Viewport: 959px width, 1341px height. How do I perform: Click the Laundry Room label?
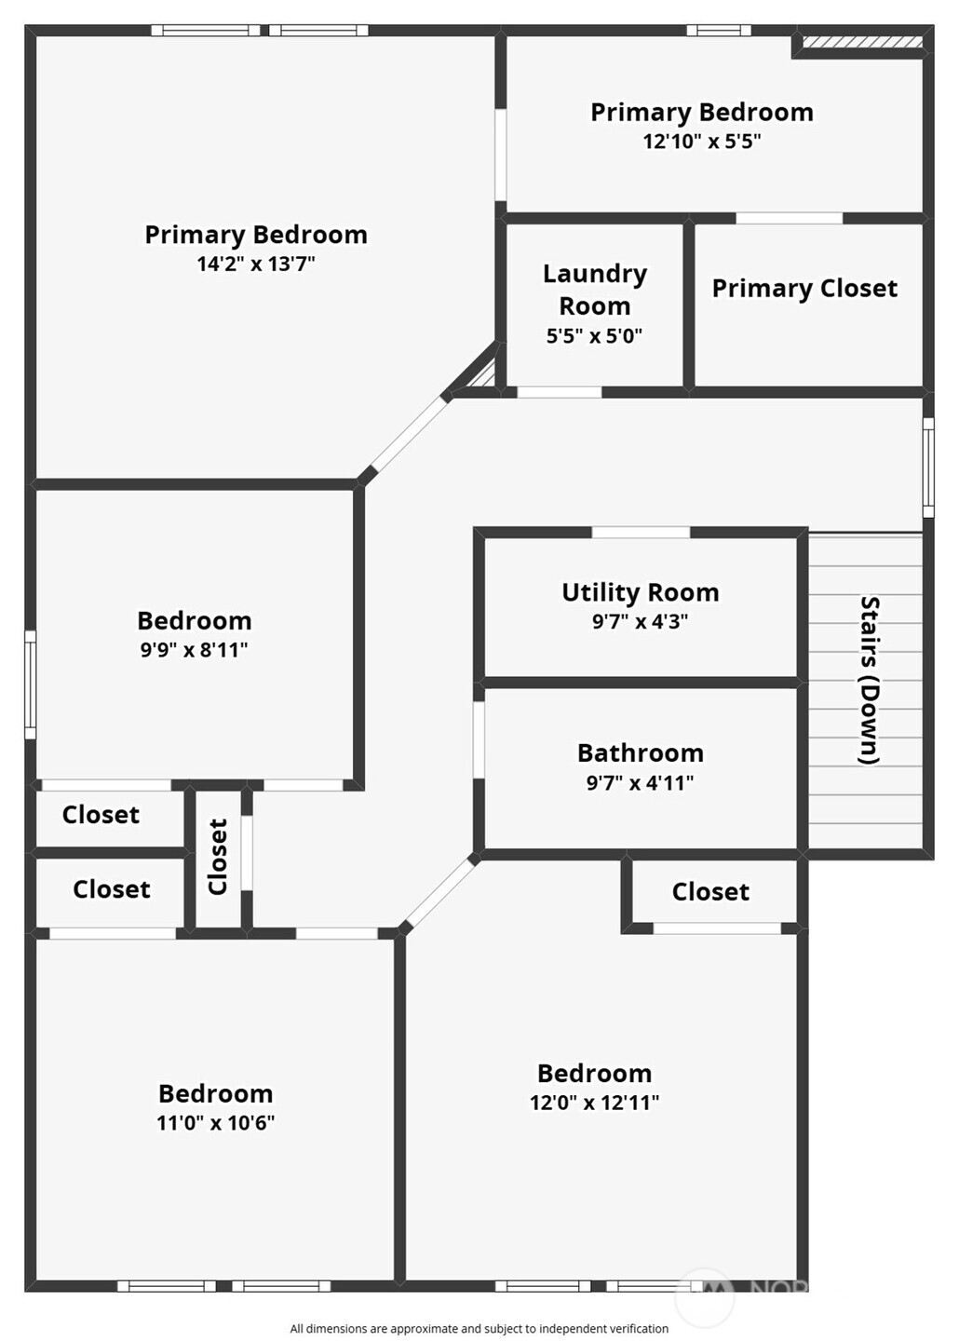pos(594,290)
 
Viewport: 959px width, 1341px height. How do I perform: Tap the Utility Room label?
pos(640,592)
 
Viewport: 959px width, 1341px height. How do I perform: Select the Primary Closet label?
pos(804,289)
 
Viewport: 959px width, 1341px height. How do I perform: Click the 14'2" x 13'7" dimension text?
pos(256,264)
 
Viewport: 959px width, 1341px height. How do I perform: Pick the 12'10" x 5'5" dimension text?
pos(702,142)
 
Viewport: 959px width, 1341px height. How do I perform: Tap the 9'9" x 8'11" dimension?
pos(194,650)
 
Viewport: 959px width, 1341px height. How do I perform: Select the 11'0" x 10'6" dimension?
pos(215,1122)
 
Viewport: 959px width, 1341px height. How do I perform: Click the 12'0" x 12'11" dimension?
pos(594,1103)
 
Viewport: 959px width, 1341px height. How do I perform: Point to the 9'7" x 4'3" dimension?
pos(640,621)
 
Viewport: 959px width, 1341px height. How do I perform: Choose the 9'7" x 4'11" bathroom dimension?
pos(640,782)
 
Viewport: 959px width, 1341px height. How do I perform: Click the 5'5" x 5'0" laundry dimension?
pos(594,336)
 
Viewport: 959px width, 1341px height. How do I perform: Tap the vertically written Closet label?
pos(218,857)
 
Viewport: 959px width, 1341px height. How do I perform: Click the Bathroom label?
pos(640,753)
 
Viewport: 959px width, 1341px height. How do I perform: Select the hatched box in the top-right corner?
pos(862,42)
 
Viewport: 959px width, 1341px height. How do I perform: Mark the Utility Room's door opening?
pos(641,533)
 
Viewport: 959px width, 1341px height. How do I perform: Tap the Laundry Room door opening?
pos(560,392)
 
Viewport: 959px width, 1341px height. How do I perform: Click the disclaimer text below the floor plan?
pos(479,1328)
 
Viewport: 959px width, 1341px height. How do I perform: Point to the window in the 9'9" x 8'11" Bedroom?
pos(31,684)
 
